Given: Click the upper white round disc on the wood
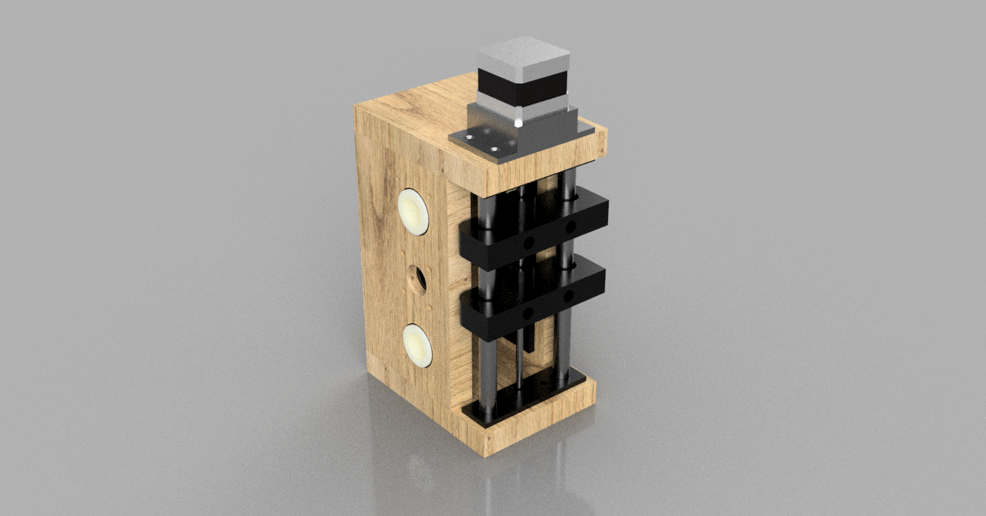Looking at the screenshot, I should coord(414,211).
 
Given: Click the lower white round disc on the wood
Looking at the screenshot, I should coord(416,344).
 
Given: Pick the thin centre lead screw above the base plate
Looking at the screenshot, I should coord(519,363).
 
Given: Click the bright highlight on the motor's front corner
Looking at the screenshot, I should coord(518,121).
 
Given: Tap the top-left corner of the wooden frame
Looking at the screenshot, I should coord(355,106).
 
